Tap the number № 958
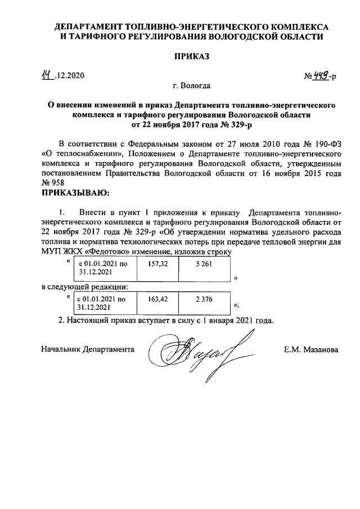tap(53, 183)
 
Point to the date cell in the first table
tap(102, 267)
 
